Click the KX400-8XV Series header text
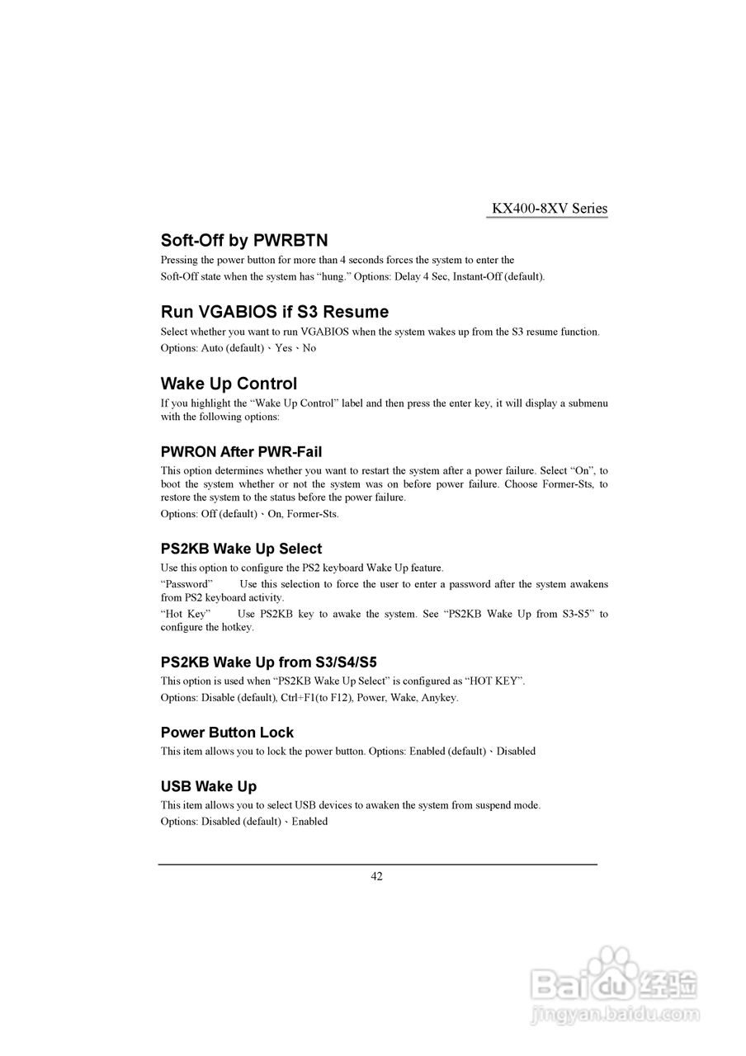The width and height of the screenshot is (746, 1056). [550, 209]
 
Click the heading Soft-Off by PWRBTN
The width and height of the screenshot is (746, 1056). [244, 241]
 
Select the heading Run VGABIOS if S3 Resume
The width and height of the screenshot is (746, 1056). [275, 312]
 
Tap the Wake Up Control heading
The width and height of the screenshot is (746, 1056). [229, 384]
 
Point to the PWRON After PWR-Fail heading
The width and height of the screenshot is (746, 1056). [241, 452]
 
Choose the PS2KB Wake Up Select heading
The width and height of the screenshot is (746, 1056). [241, 549]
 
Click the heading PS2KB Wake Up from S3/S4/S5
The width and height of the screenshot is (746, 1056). [269, 662]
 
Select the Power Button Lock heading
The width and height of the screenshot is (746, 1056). [227, 733]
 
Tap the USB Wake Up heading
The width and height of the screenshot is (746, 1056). [209, 786]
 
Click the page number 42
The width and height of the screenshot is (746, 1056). [376, 877]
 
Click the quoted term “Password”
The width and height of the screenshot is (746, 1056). [186, 584]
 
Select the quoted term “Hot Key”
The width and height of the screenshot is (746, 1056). [186, 614]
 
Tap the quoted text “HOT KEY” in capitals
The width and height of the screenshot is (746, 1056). [495, 681]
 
